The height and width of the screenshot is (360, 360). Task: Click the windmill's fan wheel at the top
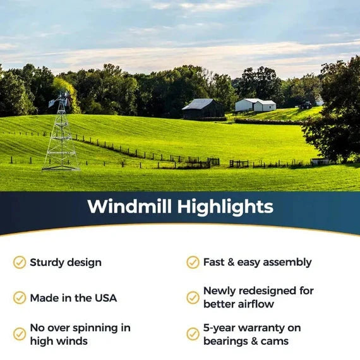[x=62, y=100]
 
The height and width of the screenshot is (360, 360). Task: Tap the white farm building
[x=256, y=105]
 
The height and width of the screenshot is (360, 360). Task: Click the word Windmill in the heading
[x=129, y=207]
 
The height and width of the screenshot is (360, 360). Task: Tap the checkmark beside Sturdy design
[x=20, y=262]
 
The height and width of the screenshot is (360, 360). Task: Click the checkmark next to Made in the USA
[x=20, y=297]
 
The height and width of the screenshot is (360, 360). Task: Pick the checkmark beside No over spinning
[x=20, y=334]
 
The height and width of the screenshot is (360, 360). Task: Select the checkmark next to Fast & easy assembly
[x=193, y=262]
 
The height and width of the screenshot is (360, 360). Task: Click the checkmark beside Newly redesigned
[x=193, y=297]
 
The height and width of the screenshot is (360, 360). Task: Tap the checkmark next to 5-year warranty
[x=193, y=334]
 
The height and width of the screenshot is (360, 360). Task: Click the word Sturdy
[x=48, y=262]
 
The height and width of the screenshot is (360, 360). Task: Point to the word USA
[x=105, y=297]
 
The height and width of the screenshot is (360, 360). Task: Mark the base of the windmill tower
[x=61, y=169]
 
